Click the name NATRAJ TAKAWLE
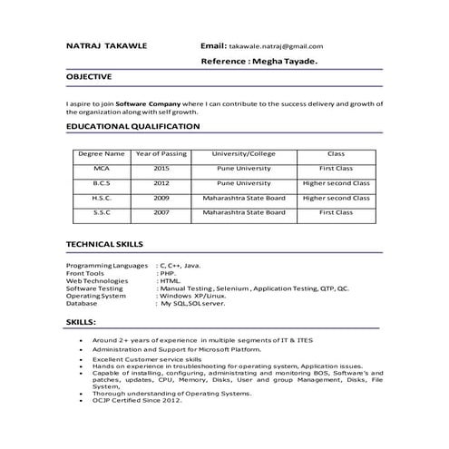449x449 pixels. pos(109,44)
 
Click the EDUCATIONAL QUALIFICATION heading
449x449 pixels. pos(132,126)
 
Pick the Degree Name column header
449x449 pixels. pos(102,154)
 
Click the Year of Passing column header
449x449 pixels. pos(161,154)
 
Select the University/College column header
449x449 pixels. pos(244,154)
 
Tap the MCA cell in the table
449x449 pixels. pos(102,169)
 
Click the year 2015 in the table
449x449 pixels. pos(161,169)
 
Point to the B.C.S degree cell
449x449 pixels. pos(102,183)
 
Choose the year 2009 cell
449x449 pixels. pos(161,198)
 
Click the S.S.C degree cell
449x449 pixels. pos(102,212)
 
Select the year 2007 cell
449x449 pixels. pos(161,212)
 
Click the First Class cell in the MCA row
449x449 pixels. pos(336,169)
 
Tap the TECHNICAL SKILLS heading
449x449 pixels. pos(105,244)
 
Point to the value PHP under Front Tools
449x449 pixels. pos(167,273)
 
